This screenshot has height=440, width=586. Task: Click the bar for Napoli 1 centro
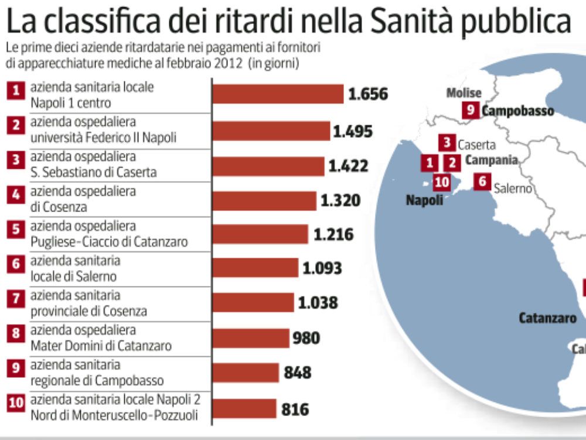click(278, 94)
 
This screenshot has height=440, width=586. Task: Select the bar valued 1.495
click(271, 131)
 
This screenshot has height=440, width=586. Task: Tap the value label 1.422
click(348, 166)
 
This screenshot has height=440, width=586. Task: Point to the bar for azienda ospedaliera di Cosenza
click(264, 201)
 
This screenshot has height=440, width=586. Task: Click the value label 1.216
click(333, 235)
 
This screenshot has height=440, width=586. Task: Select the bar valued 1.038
click(253, 302)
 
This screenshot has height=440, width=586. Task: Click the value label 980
click(307, 338)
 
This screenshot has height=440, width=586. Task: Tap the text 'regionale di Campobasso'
click(97, 381)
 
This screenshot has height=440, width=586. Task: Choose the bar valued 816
click(244, 409)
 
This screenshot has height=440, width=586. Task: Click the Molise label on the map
click(464, 93)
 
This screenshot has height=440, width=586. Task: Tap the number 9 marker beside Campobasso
click(471, 110)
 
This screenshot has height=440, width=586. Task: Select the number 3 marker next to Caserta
click(447, 143)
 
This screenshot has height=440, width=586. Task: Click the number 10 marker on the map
click(442, 183)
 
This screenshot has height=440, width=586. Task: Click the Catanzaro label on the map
click(547, 318)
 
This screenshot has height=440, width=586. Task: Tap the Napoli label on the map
click(424, 200)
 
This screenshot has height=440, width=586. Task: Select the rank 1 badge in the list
click(16, 90)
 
